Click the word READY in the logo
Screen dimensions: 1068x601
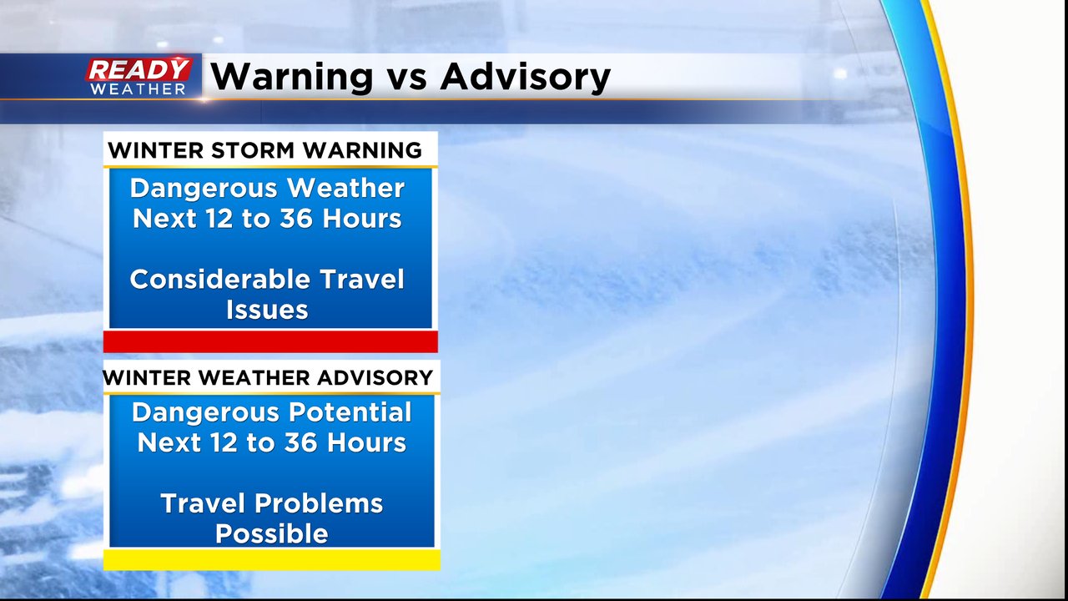click(139, 70)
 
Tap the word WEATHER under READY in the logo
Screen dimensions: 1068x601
click(138, 89)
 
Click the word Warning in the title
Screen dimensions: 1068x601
click(292, 76)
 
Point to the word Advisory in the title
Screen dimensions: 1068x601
click(526, 78)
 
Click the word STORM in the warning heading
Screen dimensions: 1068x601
click(253, 150)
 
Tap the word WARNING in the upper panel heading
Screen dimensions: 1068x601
click(362, 150)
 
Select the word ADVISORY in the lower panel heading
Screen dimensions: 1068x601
click(375, 378)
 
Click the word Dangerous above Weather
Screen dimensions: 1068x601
click(204, 189)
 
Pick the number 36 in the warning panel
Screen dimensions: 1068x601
click(296, 219)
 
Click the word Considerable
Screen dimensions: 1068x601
click(219, 279)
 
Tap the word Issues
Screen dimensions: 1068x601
click(267, 310)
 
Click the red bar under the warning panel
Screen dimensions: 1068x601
click(270, 342)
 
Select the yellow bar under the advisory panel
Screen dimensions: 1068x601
click(272, 559)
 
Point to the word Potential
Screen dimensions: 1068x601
click(350, 412)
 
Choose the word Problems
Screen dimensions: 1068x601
click(320, 503)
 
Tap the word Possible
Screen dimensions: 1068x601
click(272, 533)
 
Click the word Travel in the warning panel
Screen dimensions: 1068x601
click(362, 279)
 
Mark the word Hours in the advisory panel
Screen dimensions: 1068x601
click(366, 442)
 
